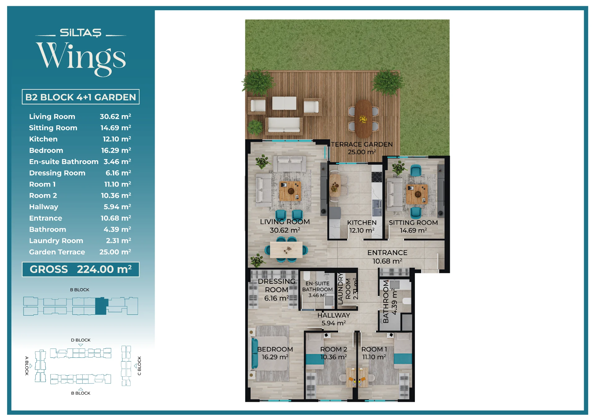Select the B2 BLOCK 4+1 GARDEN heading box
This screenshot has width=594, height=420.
[x=81, y=97]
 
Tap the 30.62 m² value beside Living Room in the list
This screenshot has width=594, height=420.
[x=115, y=116]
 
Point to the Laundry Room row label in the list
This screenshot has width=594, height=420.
[x=56, y=240]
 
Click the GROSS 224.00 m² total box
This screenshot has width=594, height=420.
[x=81, y=269]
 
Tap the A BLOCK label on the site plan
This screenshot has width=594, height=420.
[x=27, y=366]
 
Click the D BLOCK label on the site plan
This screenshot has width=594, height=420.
[x=81, y=340]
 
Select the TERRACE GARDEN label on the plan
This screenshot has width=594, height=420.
[x=362, y=144]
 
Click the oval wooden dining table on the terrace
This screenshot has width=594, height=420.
[x=363, y=119]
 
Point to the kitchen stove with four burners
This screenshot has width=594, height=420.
[x=377, y=177]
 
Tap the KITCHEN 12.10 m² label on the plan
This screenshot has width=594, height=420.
[x=362, y=227]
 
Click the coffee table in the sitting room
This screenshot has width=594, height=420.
[x=417, y=194]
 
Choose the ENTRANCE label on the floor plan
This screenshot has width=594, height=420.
[x=387, y=253]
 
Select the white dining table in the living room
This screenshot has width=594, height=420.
[x=286, y=249]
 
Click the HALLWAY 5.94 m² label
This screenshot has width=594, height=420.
[x=334, y=319]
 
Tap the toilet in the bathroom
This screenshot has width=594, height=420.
[x=407, y=301]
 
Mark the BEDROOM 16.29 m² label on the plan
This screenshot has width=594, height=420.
[x=275, y=353]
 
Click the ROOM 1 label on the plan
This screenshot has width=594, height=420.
[x=374, y=349]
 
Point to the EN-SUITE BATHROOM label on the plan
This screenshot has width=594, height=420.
[x=317, y=286]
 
